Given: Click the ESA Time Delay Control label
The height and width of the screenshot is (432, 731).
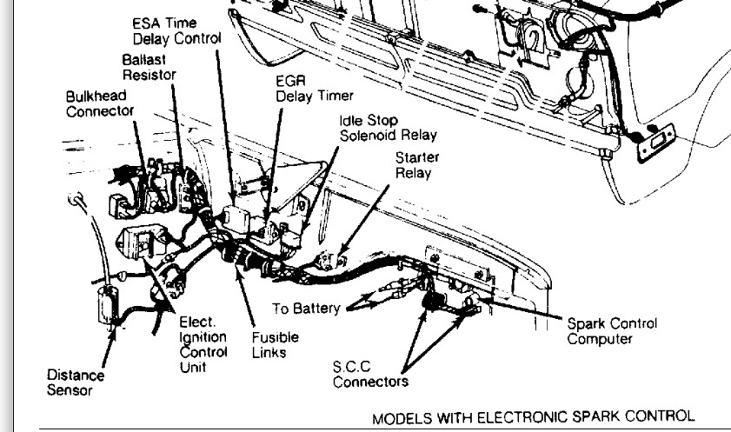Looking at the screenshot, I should [176, 30].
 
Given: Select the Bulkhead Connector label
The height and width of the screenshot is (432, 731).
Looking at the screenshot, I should [100, 103].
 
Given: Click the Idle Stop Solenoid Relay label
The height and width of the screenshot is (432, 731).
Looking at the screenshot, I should [388, 128].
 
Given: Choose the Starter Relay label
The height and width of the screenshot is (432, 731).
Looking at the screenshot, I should [417, 164].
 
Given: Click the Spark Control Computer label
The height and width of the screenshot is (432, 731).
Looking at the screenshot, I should [612, 330].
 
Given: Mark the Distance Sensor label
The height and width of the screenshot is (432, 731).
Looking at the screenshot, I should [76, 382].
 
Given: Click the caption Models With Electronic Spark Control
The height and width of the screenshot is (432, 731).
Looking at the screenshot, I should [534, 417].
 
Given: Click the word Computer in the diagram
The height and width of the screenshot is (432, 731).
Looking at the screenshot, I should [599, 338].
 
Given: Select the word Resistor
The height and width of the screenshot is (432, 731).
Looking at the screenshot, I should [150, 75].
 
